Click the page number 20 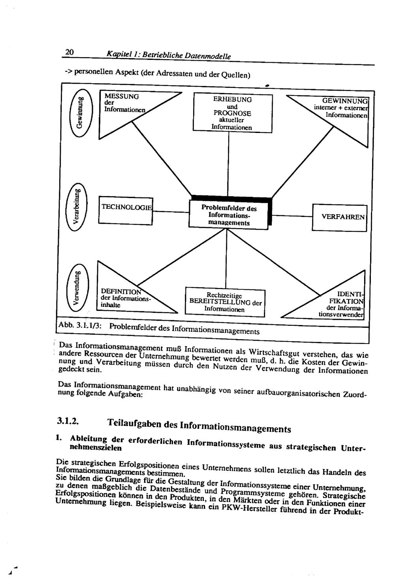pyautogui.click(x=70, y=52)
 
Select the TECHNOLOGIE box pyautogui.click(x=126, y=210)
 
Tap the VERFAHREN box pyautogui.click(x=339, y=217)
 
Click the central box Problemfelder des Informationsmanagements pyautogui.click(x=229, y=215)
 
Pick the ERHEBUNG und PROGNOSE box pyautogui.click(x=232, y=113)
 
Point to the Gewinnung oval pyautogui.click(x=80, y=112)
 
